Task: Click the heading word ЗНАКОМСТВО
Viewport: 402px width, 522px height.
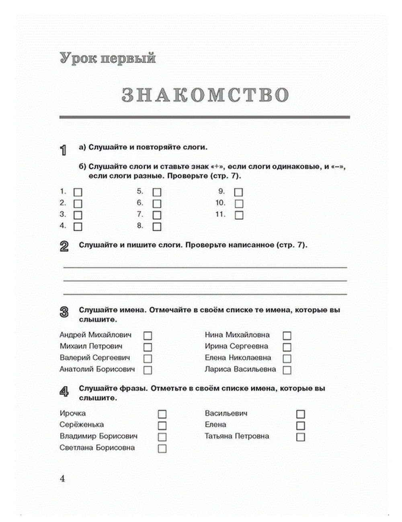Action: [x=205, y=95]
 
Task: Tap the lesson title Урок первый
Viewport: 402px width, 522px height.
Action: [x=107, y=58]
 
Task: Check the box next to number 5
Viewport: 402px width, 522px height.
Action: [x=157, y=193]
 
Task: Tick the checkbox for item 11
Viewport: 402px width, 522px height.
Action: [x=239, y=215]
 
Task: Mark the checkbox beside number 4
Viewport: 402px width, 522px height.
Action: [x=78, y=227]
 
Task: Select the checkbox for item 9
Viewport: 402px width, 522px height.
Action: [x=239, y=193]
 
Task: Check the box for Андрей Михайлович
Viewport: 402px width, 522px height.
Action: [x=148, y=336]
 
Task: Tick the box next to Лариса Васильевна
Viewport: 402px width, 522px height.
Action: [x=287, y=370]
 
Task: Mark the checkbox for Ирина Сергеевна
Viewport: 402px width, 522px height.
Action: [x=287, y=347]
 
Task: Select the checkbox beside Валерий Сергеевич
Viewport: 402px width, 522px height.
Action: [x=148, y=359]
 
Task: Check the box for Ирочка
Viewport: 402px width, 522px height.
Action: [x=162, y=414]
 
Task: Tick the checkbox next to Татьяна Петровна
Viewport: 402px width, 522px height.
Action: [x=300, y=437]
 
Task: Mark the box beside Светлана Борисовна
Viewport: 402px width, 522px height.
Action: [x=162, y=449]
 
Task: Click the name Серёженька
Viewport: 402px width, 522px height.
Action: [x=82, y=425]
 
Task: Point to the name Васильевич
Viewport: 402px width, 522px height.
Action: [x=226, y=413]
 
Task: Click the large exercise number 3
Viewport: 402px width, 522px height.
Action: [x=64, y=312]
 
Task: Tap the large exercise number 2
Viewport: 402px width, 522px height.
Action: [x=64, y=247]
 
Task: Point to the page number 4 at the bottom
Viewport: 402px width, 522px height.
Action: [x=62, y=479]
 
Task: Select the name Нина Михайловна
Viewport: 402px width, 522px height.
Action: [x=237, y=335]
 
